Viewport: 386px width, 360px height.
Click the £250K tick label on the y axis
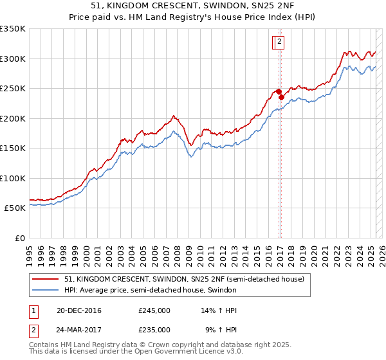tap(12, 88)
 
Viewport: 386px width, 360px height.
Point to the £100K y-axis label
tap(12, 178)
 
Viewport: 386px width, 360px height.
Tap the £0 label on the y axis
tap(19, 238)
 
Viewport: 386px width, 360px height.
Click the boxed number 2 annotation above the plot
tap(281, 42)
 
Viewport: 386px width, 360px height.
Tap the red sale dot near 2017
tap(281, 97)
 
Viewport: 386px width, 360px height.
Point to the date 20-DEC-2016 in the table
tap(79, 310)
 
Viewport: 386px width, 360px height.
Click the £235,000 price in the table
tap(154, 329)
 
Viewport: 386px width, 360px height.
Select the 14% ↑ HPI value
tap(219, 310)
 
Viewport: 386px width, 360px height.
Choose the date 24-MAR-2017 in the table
tap(79, 329)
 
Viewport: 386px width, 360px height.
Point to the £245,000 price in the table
tap(154, 310)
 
